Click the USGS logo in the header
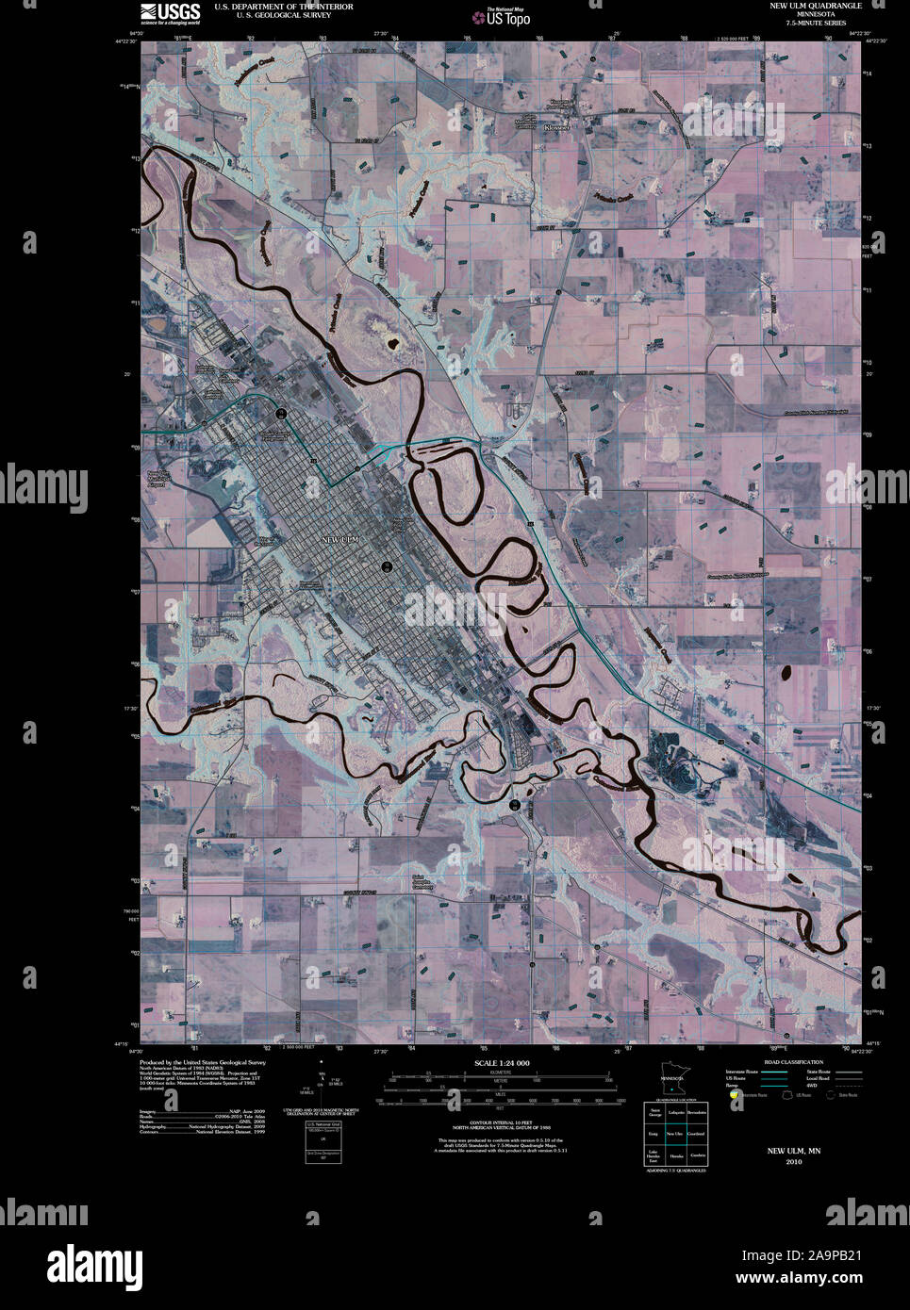pos(170,12)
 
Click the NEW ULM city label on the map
pos(340,539)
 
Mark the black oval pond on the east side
pos(785,673)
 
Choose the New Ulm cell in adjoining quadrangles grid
pos(675,1134)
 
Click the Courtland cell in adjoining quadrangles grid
pos(696,1134)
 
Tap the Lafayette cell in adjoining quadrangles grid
pos(675,1113)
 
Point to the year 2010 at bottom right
pos(793,1162)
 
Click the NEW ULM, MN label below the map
pos(793,1151)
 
